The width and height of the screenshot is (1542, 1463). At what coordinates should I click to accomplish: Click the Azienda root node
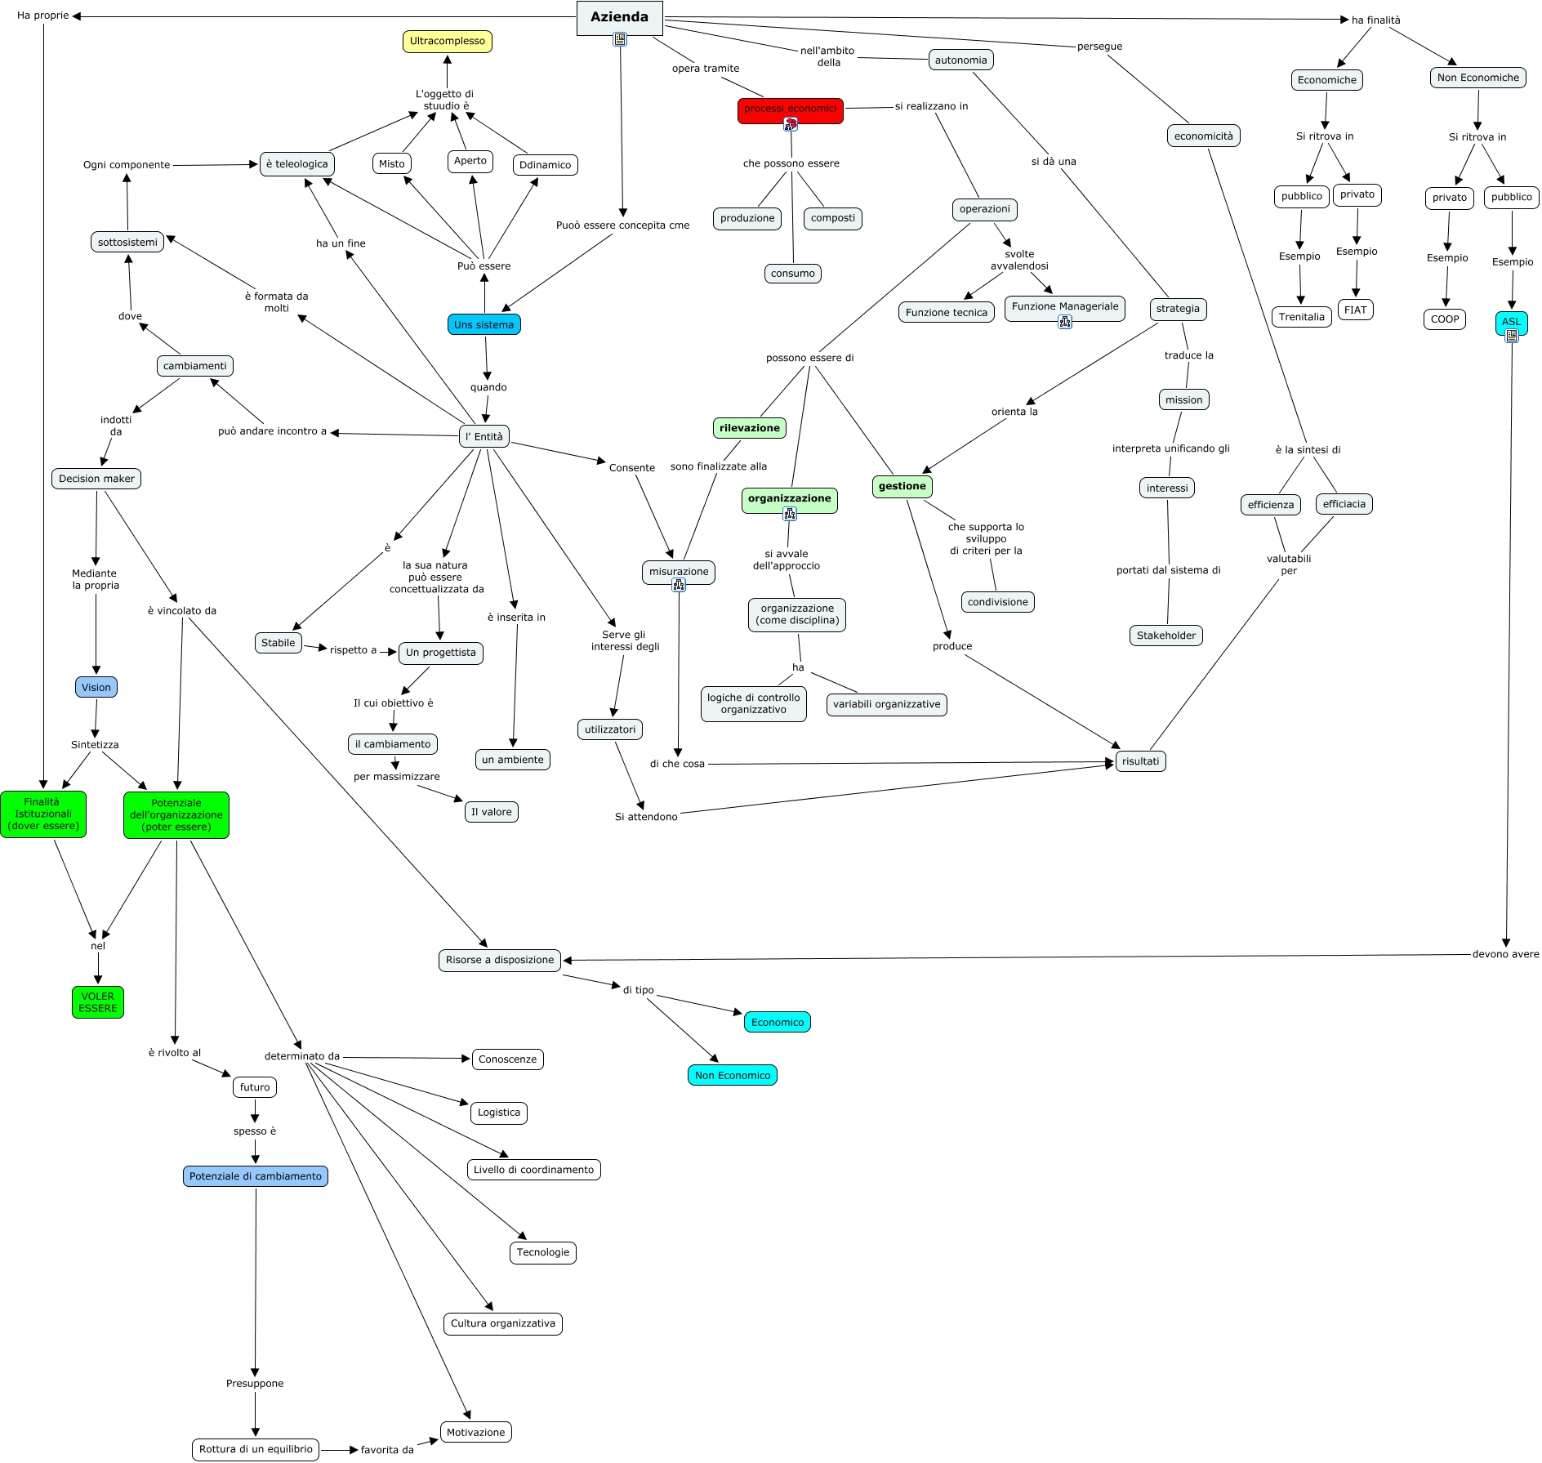[619, 17]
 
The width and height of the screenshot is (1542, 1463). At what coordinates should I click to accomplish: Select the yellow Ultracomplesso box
[447, 42]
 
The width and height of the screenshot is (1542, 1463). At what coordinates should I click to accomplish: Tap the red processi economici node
[790, 109]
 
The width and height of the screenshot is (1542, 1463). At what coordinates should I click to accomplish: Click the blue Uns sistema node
[484, 325]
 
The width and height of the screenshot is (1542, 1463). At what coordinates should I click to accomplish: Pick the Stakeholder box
[1165, 636]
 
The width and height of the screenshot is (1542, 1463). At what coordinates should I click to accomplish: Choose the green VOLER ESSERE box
[98, 1002]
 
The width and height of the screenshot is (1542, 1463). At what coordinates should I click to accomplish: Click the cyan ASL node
[1511, 322]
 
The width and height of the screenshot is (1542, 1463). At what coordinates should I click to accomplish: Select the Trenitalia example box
[1301, 317]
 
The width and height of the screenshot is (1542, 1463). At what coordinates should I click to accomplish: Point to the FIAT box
[1355, 310]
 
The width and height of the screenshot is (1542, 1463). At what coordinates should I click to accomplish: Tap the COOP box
[1444, 319]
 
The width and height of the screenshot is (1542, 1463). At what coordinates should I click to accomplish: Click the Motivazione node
[475, 1432]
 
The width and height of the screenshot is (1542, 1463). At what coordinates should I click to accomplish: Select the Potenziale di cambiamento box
[255, 1176]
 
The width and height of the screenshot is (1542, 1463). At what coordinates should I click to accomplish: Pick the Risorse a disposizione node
[500, 960]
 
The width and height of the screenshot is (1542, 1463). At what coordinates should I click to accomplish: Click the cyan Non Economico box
[732, 1076]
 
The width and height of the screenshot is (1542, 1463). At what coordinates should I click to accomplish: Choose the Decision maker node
[96, 479]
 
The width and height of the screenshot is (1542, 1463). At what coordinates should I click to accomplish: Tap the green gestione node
[902, 487]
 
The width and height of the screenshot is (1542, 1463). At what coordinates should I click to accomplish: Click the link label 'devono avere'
[1505, 954]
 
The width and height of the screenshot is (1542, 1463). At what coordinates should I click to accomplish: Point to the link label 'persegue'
[1099, 47]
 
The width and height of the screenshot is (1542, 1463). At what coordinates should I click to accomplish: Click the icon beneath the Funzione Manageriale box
[1064, 322]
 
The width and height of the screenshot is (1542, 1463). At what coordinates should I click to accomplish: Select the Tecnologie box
[542, 1252]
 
